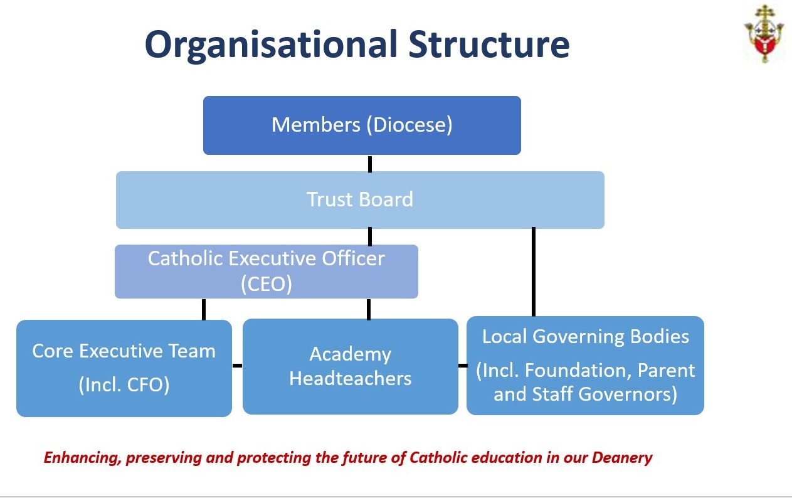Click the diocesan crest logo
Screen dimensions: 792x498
[764, 34]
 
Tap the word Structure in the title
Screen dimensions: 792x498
[489, 44]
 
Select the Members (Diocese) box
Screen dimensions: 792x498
[362, 125]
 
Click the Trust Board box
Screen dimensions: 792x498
[360, 200]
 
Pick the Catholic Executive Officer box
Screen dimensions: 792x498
[267, 272]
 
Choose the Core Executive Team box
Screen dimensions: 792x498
[124, 368]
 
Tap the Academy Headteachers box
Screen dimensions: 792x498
[351, 366]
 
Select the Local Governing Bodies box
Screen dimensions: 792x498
[585, 366]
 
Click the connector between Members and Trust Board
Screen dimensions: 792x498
[370, 164]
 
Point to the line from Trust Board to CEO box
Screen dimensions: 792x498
[370, 236]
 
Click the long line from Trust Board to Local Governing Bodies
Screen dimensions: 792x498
[534, 272]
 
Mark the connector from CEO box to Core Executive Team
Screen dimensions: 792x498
[204, 309]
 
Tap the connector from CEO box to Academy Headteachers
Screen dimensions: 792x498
[369, 309]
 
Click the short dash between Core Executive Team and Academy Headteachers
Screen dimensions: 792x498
[237, 366]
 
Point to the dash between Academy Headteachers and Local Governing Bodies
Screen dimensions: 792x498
[463, 366]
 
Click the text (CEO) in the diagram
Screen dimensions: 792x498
[267, 283]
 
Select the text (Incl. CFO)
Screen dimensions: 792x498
[124, 385]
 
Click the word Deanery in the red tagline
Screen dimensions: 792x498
[622, 458]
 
